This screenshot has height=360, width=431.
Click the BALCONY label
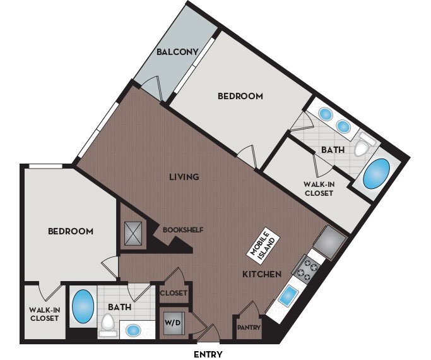pos(180,52)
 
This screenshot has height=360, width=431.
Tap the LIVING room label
pos(184,177)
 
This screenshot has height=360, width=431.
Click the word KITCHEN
pos(262,274)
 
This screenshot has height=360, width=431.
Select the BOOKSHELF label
pos(183,229)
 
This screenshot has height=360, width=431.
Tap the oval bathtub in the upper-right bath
pos(377,174)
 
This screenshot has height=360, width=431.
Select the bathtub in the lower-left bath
pos(83,306)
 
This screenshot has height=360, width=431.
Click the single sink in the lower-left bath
pos(133,330)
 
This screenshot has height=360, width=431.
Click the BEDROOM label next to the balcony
pos(240,97)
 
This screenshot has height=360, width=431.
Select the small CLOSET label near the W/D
pos(173,294)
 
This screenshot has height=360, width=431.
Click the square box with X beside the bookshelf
pos(134,233)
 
